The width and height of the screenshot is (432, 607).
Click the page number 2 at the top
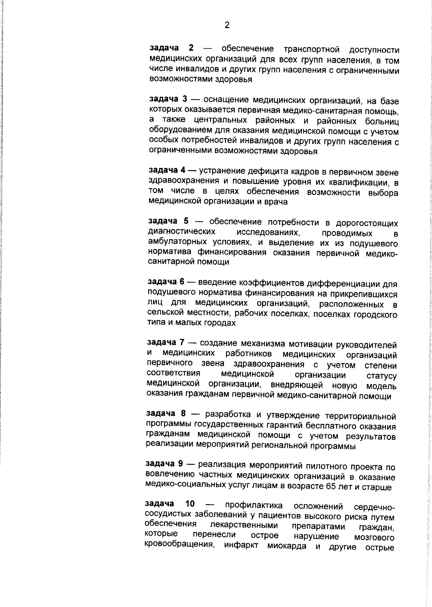tap(226, 25)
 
